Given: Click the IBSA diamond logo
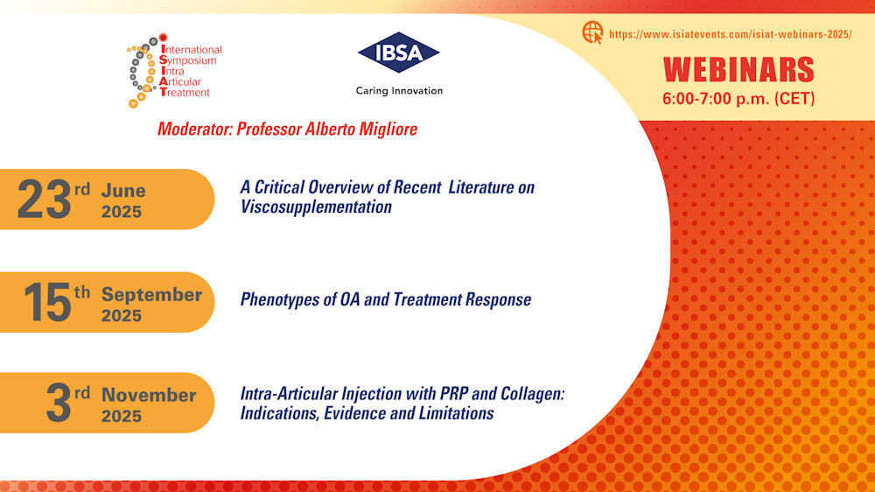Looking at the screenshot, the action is [x=398, y=53].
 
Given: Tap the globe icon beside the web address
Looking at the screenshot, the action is [x=592, y=32].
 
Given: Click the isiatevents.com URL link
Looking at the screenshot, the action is [x=731, y=34].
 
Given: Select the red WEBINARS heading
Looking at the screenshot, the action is [x=738, y=70].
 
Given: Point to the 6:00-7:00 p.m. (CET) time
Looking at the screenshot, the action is [x=738, y=99].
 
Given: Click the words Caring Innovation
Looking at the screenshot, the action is [x=399, y=91].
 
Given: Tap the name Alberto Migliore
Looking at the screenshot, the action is [x=360, y=129].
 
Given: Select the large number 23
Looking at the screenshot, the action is [x=44, y=200].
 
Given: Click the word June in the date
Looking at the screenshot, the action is [x=123, y=191].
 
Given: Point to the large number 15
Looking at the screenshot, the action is [x=47, y=302].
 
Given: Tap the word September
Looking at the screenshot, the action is [x=151, y=294].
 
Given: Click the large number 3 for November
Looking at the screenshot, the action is [x=59, y=403].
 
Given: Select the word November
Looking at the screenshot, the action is [x=149, y=395].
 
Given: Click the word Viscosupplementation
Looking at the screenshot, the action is [x=316, y=207].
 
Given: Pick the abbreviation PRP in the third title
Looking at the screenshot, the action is [x=453, y=394].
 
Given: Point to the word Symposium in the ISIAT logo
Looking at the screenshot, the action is [x=187, y=60].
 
